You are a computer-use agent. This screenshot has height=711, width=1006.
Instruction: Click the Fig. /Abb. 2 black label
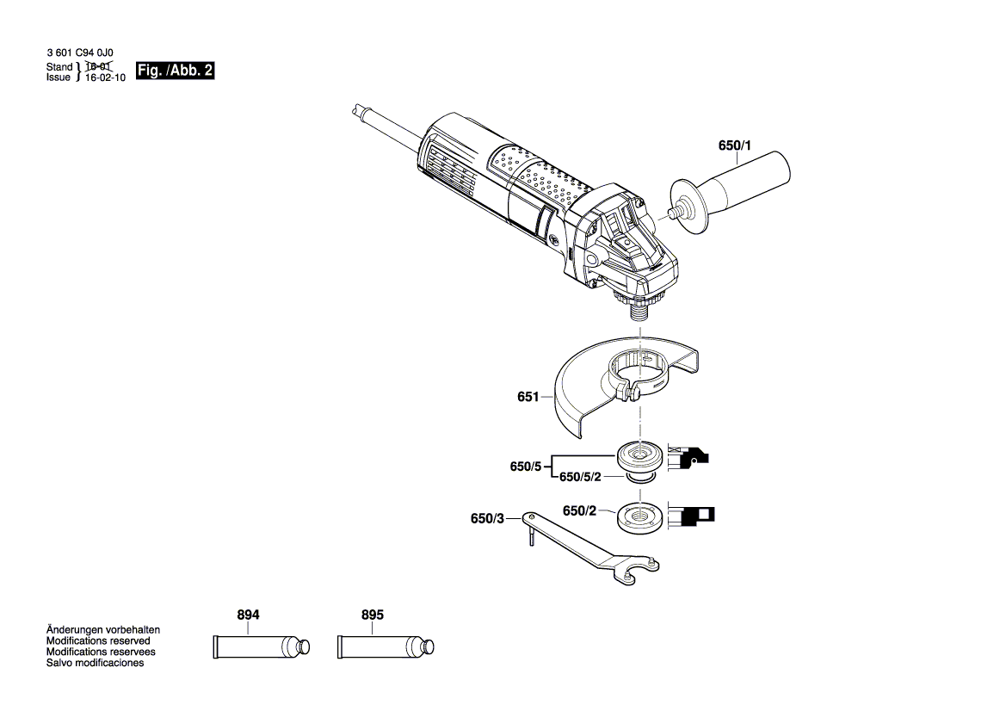[175, 71]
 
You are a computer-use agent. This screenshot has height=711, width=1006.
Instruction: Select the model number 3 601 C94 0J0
[80, 53]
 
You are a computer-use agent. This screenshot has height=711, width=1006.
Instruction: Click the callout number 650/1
[734, 146]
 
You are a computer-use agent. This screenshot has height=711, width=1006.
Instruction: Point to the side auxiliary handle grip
[749, 183]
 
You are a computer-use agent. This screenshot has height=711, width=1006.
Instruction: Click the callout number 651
[528, 398]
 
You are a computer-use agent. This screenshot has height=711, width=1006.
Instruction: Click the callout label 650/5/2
[581, 477]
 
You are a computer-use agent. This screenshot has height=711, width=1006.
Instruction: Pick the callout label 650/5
[526, 467]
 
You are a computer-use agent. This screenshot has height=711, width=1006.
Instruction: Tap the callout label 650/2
[579, 510]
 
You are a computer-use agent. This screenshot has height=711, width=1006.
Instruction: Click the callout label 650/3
[487, 518]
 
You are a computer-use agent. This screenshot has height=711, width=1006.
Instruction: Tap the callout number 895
[373, 615]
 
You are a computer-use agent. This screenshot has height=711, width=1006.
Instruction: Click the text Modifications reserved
[98, 641]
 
